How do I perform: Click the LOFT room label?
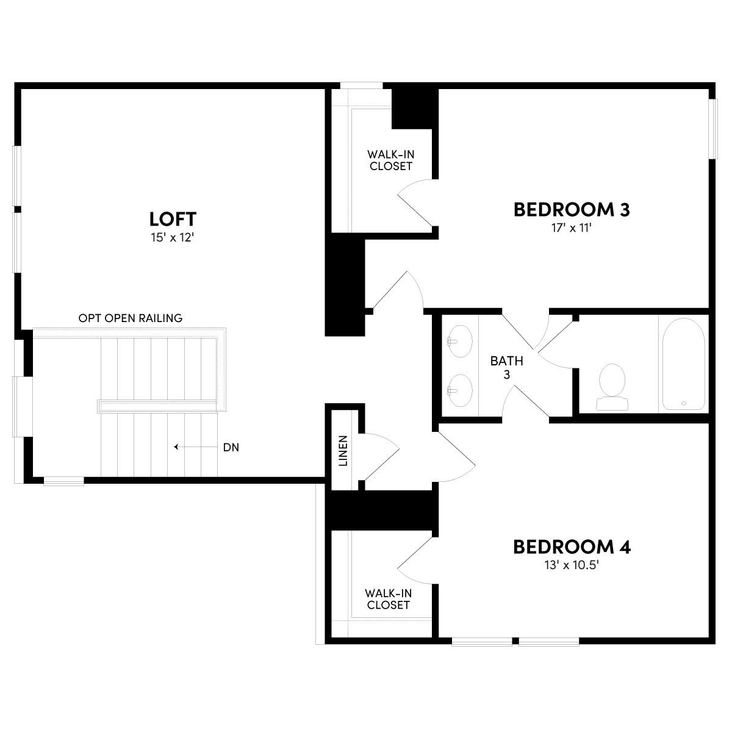point(173,218)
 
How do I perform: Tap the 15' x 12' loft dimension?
point(173,238)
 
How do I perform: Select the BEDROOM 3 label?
point(572,210)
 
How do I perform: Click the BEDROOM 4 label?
point(572,547)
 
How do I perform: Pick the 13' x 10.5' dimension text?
point(572,565)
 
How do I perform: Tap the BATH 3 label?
point(506,367)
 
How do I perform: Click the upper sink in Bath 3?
point(459,341)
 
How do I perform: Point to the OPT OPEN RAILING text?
point(131,318)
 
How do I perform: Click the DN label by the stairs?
point(231,447)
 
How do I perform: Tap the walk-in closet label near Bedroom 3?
point(391,160)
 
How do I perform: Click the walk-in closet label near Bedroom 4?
point(388,599)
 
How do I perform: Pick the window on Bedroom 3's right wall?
point(712,128)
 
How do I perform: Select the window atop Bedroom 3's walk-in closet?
point(361,85)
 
